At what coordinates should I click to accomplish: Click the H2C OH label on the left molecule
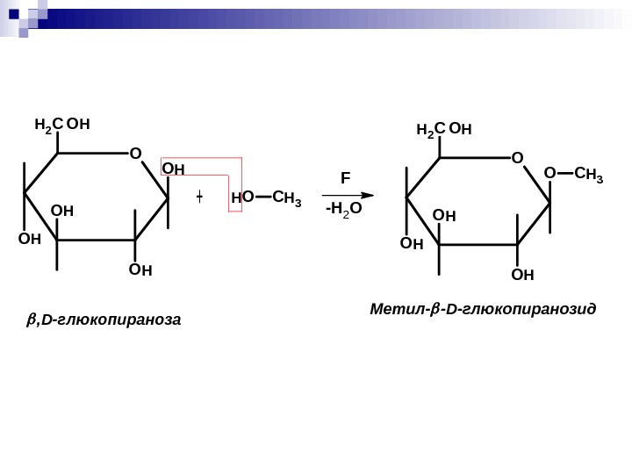tap(62, 125)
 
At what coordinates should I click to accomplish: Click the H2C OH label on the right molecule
tap(444, 130)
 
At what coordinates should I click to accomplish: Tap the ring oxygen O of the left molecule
tap(135, 154)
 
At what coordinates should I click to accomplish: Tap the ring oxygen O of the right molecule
tap(517, 158)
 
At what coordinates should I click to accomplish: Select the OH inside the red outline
tap(174, 169)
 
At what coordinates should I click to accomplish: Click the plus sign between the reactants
tap(200, 197)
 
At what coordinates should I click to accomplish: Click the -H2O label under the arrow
tap(342, 210)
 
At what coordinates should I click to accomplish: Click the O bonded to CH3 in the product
tap(549, 174)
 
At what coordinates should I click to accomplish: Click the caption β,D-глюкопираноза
tap(104, 320)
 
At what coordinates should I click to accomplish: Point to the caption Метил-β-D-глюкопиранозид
tap(483, 310)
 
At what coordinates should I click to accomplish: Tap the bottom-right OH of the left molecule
tap(140, 269)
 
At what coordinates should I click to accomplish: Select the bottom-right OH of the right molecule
tap(522, 275)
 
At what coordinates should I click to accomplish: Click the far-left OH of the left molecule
tap(29, 238)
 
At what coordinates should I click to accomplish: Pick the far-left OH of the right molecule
tap(411, 242)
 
